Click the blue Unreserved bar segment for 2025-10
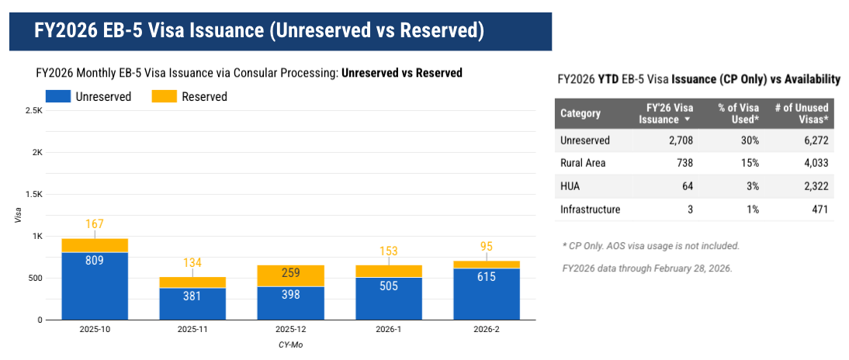(95, 286)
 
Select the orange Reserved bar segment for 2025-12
(290, 276)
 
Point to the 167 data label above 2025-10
(95, 224)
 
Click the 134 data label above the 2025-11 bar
(192, 263)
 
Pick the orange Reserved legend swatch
(164, 97)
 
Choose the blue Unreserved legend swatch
(58, 97)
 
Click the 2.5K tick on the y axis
(34, 110)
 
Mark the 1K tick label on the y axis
(37, 237)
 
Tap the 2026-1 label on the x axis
(389, 329)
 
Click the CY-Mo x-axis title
(290, 344)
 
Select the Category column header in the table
(580, 114)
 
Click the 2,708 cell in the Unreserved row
(681, 140)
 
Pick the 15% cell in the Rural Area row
(750, 163)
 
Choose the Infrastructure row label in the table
(590, 209)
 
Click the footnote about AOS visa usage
(651, 246)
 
